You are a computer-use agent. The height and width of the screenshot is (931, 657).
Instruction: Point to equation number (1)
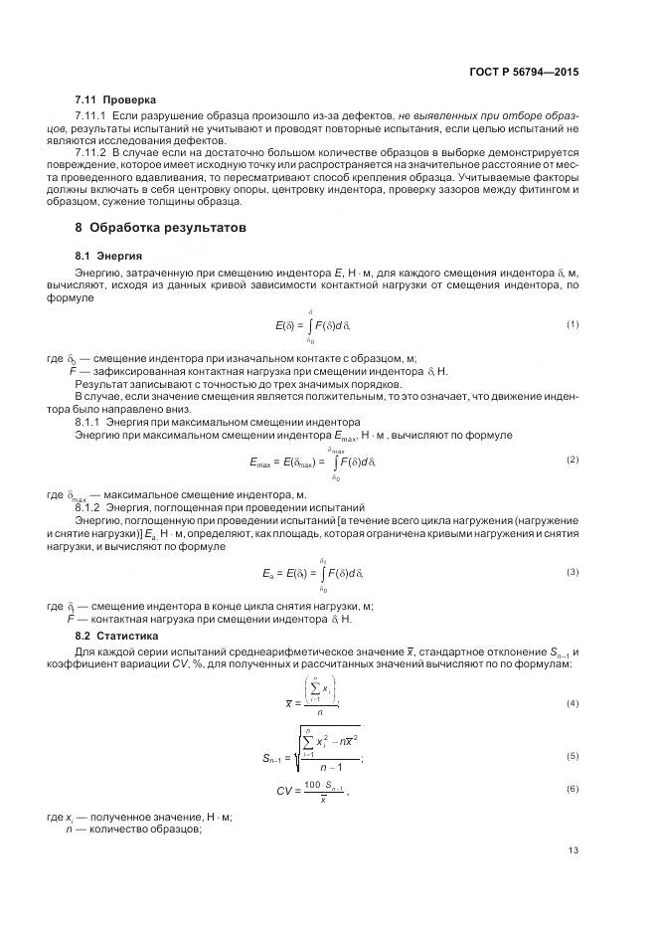(573, 325)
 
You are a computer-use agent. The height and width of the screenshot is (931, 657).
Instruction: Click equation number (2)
(573, 461)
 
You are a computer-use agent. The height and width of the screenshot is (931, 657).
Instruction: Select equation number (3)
(573, 572)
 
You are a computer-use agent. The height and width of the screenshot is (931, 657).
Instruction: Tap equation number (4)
(573, 703)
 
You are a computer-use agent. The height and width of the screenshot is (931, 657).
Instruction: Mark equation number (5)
(573, 757)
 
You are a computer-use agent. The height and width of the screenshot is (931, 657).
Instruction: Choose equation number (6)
(573, 789)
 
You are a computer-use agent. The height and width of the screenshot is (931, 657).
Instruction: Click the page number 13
(573, 850)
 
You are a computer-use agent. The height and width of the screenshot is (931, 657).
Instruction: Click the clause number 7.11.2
(92, 153)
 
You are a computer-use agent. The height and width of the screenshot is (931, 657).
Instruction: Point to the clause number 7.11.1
(92, 116)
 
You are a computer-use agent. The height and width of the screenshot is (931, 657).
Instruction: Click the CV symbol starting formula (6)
(285, 790)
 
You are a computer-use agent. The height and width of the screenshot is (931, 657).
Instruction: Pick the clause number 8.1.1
(90, 423)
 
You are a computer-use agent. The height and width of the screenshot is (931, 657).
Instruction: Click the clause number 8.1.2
(90, 506)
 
